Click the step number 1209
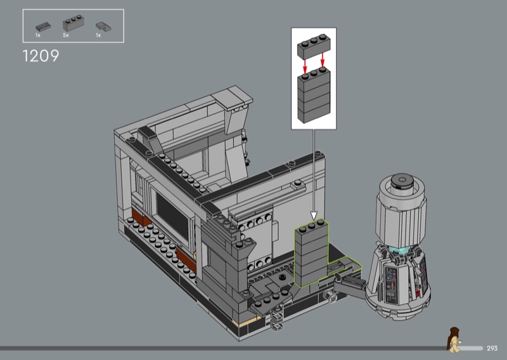(41, 56)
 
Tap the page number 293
(492, 349)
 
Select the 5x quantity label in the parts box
(66, 35)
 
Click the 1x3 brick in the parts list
(74, 23)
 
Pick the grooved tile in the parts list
(43, 26)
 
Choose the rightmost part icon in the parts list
(103, 27)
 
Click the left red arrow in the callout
(305, 67)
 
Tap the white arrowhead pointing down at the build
(314, 215)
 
